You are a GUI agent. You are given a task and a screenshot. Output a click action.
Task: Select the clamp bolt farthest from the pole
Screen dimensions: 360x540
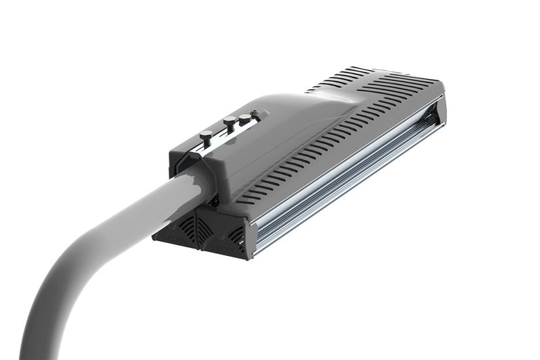244,118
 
